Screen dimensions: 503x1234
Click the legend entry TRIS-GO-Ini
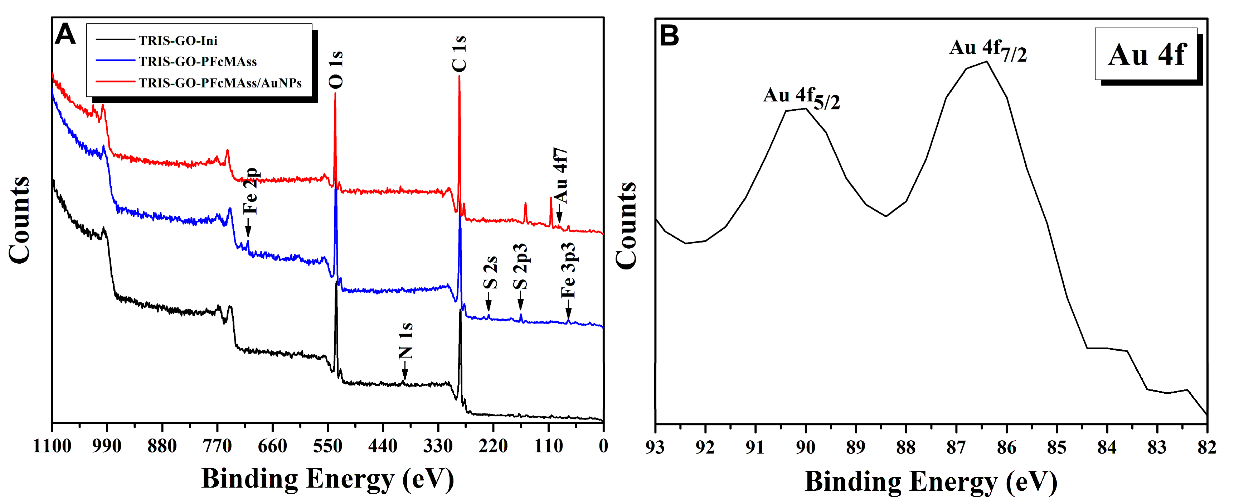(178, 40)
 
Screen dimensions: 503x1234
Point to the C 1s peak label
(459, 54)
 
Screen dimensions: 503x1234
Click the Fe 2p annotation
(251, 191)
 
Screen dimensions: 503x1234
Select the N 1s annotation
(406, 341)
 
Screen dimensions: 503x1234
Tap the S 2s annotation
(490, 273)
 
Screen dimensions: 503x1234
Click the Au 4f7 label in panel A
(560, 175)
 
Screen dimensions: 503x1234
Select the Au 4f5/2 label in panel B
(801, 98)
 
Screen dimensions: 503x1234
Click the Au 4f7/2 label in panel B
(988, 51)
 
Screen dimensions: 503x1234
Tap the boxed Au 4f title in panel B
(1147, 54)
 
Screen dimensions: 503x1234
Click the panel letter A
(65, 34)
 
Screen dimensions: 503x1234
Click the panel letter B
(669, 35)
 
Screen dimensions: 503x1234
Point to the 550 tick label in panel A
(328, 446)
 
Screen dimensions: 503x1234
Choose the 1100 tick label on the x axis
(52, 446)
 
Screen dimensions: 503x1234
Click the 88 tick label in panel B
(905, 448)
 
